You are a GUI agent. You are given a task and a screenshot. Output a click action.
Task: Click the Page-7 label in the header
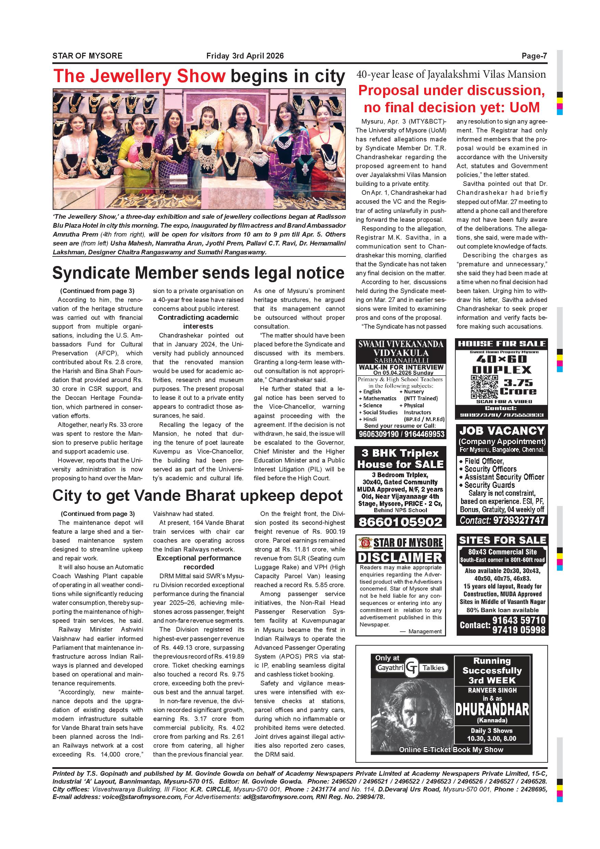[x=534, y=56]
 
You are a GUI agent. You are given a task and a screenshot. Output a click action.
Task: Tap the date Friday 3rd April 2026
[x=245, y=56]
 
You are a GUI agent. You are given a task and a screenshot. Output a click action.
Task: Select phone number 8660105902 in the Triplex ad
[x=400, y=522]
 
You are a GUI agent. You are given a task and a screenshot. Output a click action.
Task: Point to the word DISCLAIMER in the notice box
[x=400, y=557]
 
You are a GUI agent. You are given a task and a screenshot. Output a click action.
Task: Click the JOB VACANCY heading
[x=502, y=431]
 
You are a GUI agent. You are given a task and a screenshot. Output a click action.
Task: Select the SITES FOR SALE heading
[x=502, y=540]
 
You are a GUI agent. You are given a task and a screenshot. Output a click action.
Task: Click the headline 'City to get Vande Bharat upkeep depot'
[x=198, y=496]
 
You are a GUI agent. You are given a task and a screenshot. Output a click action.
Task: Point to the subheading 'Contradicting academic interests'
[x=198, y=322]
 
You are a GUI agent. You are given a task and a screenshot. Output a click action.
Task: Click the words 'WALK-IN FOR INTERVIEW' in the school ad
[x=401, y=367]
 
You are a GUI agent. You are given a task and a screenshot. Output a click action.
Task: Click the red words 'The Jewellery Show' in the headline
[x=139, y=76]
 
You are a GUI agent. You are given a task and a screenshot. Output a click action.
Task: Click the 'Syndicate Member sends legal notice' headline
[x=198, y=273]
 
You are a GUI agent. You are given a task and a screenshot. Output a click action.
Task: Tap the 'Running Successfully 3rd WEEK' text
[x=492, y=670]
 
